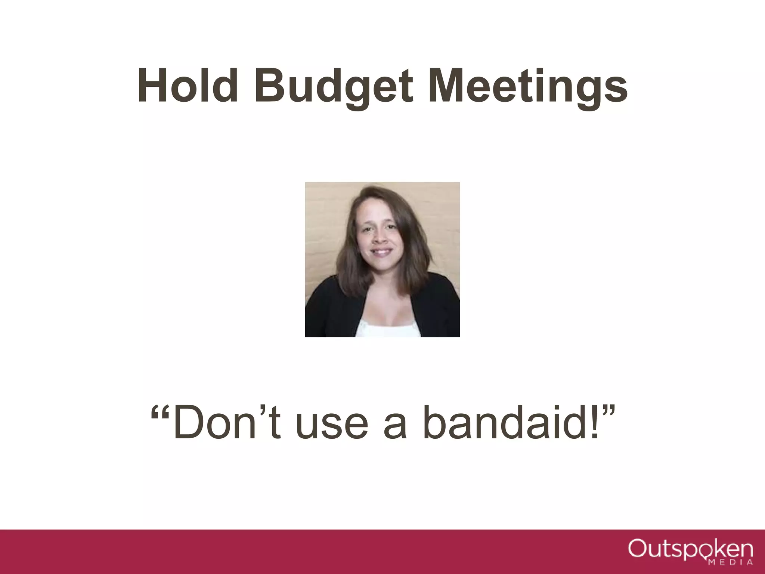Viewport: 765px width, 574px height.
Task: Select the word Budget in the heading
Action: (334, 88)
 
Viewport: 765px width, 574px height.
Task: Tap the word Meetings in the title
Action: (527, 88)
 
